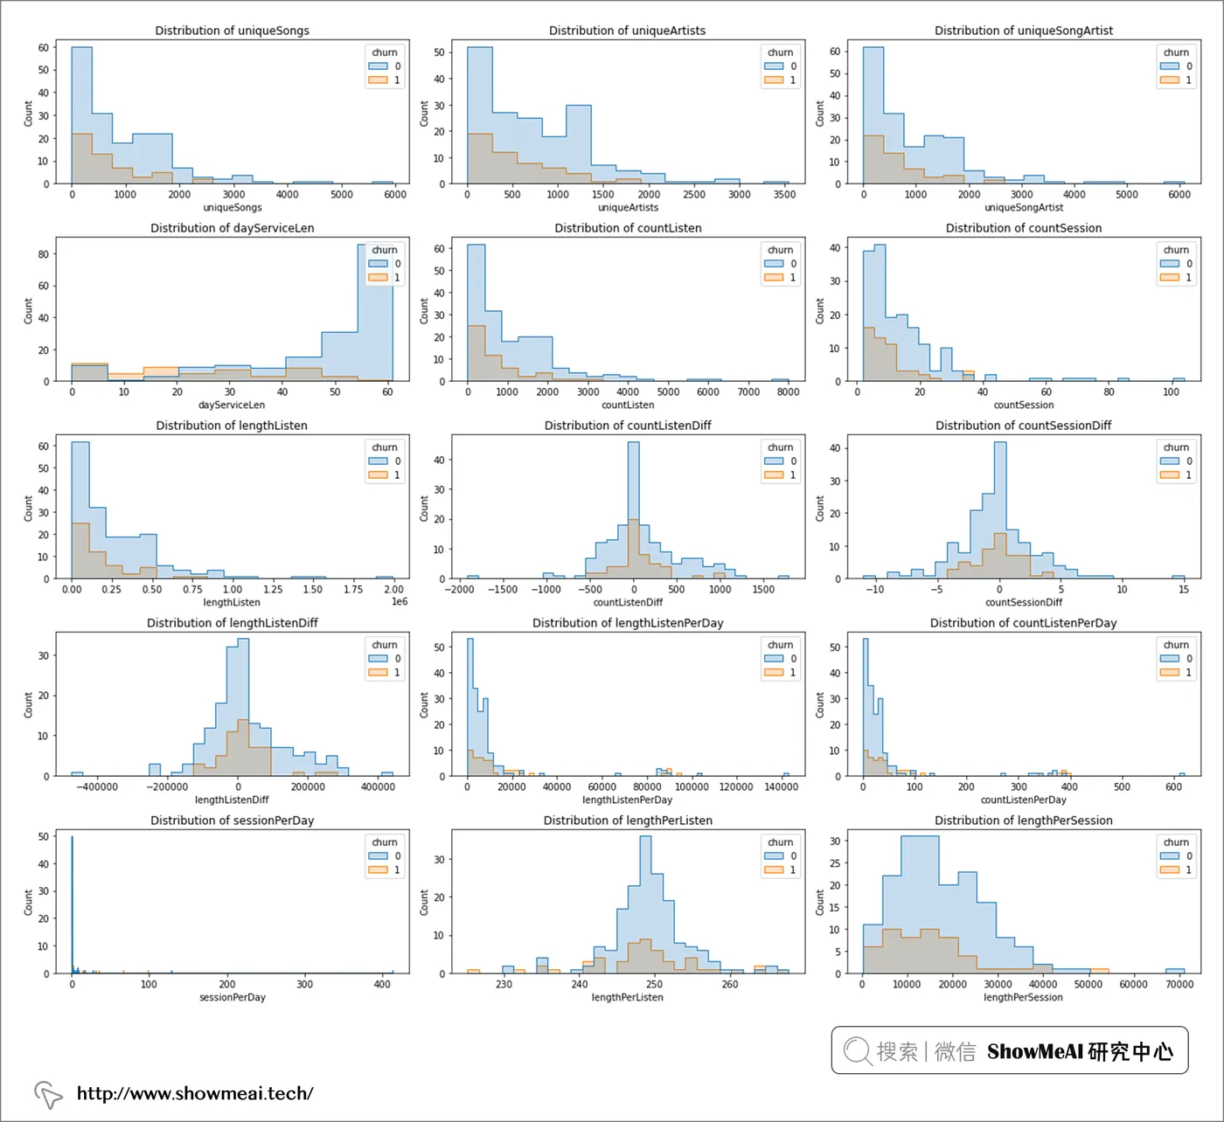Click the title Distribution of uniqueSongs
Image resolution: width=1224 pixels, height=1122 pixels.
coord(232,31)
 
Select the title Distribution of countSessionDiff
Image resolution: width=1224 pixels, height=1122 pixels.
coord(1023,426)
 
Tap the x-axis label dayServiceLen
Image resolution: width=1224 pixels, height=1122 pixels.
coord(232,405)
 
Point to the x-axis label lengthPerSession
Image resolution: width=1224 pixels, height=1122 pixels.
coord(1023,997)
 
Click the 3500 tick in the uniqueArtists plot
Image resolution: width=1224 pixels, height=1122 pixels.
coord(784,195)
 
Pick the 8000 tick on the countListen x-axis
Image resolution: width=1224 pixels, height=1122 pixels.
coord(788,392)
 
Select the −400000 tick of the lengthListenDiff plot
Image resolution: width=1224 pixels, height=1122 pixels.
coord(96,787)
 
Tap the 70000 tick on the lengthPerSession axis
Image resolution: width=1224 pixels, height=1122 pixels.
coord(1179,985)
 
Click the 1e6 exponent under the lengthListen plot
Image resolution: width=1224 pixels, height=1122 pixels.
coord(399,602)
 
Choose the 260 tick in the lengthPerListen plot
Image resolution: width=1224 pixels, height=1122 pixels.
coord(730,985)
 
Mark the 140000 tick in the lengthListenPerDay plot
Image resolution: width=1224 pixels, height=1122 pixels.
coord(781,787)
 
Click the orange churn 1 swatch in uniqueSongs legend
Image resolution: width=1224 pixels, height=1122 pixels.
coord(378,80)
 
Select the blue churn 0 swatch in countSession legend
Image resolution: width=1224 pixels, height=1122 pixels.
coord(1169,264)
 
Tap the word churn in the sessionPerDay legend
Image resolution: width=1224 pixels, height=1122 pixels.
coord(385,842)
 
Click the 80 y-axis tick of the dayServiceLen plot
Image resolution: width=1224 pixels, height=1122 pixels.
coord(44,254)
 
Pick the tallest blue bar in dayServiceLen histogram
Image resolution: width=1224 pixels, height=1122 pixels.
coord(375,315)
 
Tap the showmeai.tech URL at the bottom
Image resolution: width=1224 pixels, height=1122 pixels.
coord(194,1093)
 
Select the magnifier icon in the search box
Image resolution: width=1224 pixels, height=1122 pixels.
coord(857,1050)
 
